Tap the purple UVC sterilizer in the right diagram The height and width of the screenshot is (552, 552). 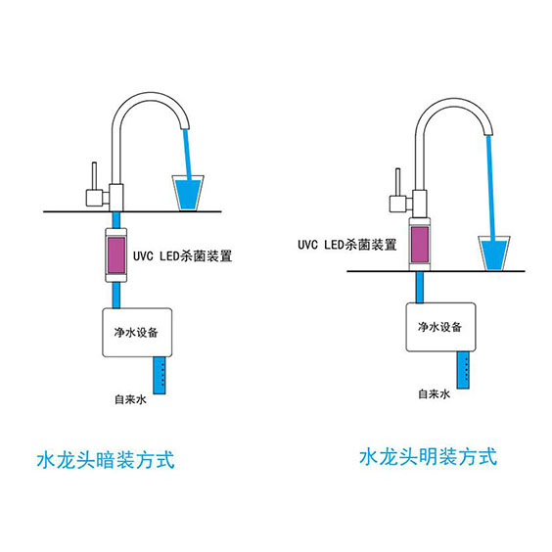423,245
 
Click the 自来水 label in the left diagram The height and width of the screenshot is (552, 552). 130,399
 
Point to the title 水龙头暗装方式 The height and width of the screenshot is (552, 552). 105,458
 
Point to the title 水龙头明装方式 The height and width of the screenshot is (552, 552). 428,456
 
